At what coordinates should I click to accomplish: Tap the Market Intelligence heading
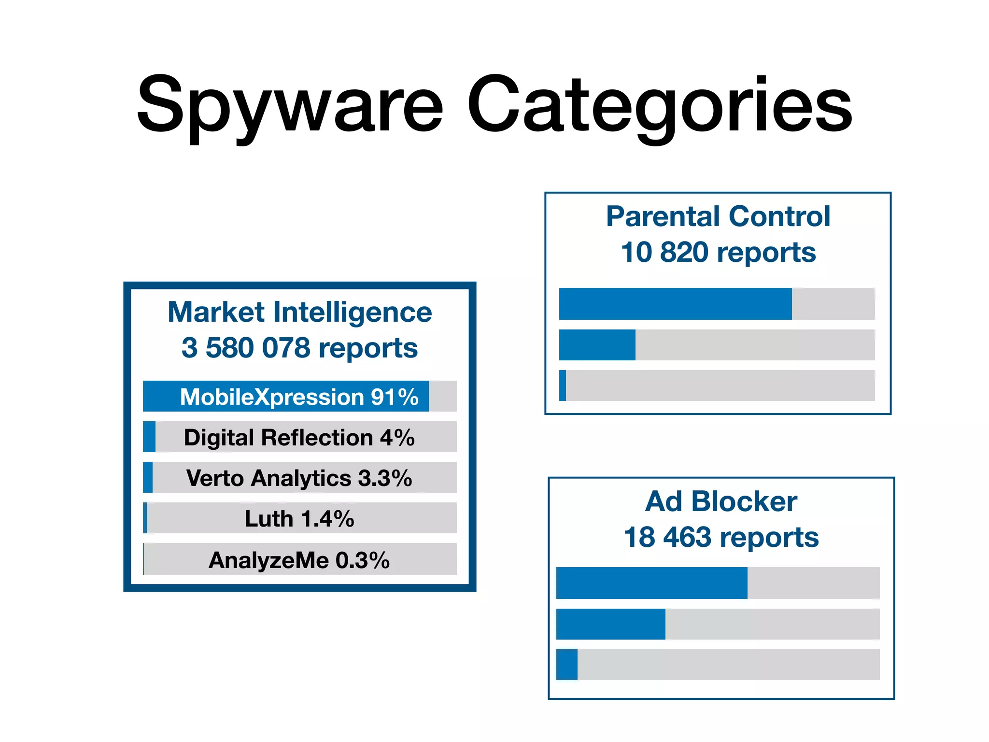(299, 312)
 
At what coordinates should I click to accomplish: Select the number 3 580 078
(246, 348)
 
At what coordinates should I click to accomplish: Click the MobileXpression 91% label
(299, 397)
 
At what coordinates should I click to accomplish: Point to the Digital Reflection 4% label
(299, 438)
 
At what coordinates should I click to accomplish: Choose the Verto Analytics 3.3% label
(299, 478)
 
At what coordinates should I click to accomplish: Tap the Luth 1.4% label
(299, 519)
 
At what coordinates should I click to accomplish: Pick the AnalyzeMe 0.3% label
(299, 560)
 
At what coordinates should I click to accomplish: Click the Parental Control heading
(718, 216)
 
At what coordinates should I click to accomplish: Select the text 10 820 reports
(718, 252)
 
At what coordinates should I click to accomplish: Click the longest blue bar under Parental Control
(675, 304)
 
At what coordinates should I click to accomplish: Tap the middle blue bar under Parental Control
(597, 345)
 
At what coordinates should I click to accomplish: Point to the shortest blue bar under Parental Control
(563, 385)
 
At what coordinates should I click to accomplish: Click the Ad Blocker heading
(721, 501)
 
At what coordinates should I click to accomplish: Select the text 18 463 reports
(721, 537)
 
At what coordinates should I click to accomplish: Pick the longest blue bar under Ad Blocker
(651, 583)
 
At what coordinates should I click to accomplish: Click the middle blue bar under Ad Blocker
(610, 624)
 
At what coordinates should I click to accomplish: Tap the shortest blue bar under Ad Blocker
(567, 665)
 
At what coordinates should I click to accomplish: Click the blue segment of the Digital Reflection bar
(149, 437)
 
